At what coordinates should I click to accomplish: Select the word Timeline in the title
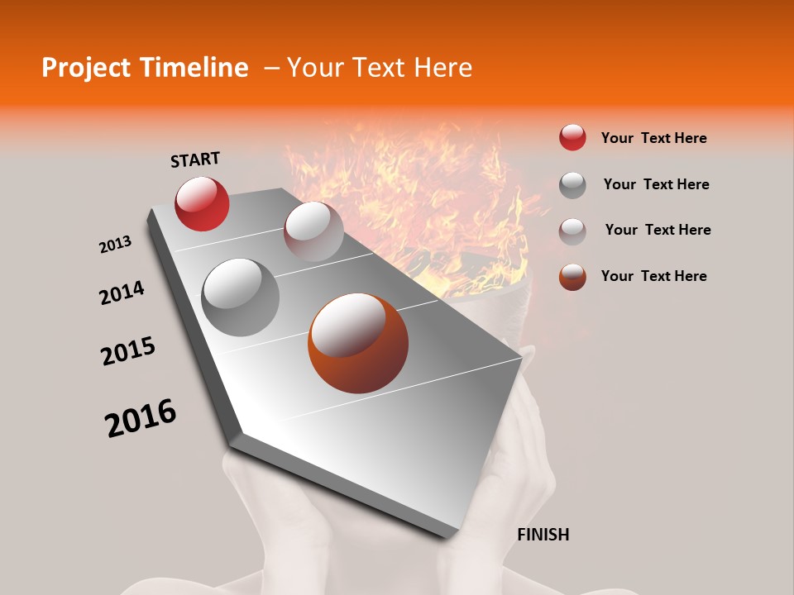coord(195,68)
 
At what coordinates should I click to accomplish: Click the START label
coord(195,159)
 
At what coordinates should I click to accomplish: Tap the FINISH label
coord(543,535)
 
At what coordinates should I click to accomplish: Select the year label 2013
coord(115,245)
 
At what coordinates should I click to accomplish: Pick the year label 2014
coord(122,293)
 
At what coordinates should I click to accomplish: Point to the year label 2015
coord(128,351)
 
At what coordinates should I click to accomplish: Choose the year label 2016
coord(141,417)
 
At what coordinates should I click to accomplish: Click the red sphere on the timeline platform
coord(202,203)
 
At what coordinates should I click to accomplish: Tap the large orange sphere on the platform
coord(358,343)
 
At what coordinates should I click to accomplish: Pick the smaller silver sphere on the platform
coord(313,231)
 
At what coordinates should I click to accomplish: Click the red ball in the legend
coord(572,138)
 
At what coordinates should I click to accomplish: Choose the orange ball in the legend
coord(572,277)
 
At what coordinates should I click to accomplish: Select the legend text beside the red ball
coord(653,138)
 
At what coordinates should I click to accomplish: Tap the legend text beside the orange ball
coord(653,276)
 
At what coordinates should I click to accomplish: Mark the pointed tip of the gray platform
coord(447,537)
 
